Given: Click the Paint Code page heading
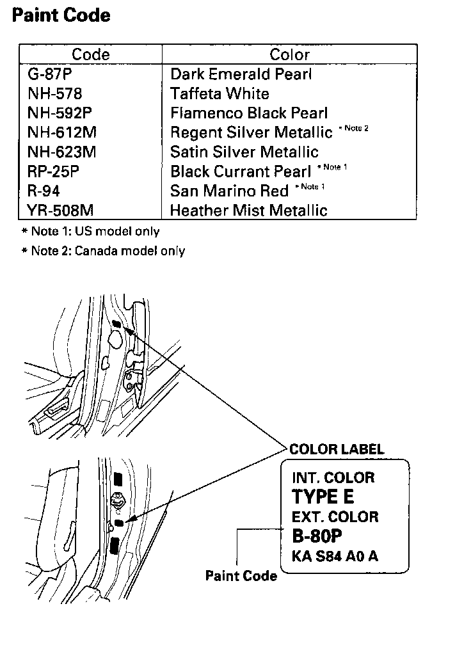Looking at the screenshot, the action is [61, 15].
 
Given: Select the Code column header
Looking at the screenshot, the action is [90, 54].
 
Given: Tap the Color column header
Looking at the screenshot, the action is [289, 54].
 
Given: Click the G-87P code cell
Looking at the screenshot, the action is [49, 74].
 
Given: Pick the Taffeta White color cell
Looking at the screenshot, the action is [220, 94].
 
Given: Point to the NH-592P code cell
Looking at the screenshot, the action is [60, 113].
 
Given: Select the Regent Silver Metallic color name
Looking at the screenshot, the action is [251, 132].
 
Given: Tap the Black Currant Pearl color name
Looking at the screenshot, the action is [240, 171].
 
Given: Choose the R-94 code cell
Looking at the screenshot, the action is [44, 191].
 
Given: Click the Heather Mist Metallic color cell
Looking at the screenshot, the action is [248, 211].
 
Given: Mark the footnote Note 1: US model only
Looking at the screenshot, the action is [91, 231].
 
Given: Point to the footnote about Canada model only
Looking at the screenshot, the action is [103, 251].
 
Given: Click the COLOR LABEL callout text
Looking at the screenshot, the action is [337, 449].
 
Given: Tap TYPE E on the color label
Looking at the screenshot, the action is [323, 496].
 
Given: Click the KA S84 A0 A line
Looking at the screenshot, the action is [335, 555].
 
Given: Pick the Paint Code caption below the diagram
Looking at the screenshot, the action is [241, 576].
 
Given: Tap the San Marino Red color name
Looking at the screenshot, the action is [229, 191].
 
